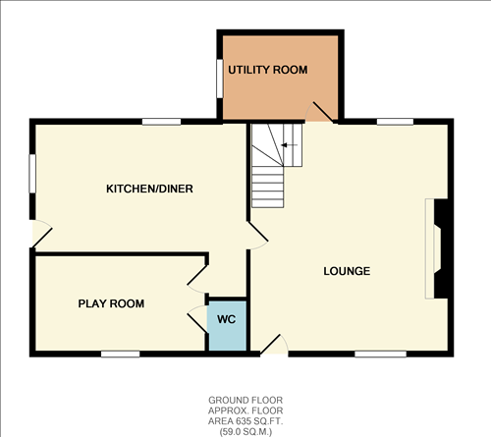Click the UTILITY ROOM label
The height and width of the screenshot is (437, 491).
pos(268,71)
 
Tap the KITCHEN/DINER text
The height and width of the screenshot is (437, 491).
pos(142,189)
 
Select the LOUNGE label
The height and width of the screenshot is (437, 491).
pos(347,271)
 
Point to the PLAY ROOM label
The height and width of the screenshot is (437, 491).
pos(111,304)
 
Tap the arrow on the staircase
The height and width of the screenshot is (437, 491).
pos(286,146)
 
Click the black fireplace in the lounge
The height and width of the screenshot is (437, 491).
pos(441,246)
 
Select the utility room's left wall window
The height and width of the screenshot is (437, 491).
pos(219,78)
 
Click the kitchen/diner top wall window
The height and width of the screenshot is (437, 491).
pos(161,122)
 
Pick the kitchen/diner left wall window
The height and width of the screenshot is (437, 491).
pos(32,173)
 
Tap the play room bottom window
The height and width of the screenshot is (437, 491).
pos(119,354)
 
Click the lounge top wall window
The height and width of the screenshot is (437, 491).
pos(394,122)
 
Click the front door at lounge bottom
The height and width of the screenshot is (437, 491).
pos(275,345)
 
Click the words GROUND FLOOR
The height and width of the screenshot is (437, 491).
pos(245,401)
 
